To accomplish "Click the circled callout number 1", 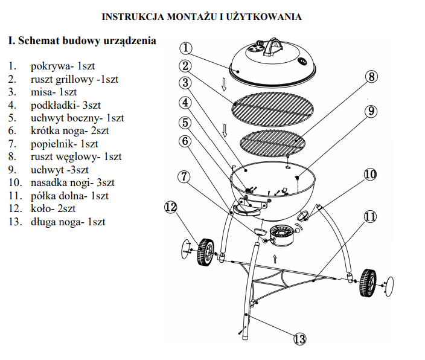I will tap(186, 48).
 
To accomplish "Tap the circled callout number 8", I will tap(371, 77).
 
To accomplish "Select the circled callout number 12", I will tap(170, 207).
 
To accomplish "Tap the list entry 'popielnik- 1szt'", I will tap(64, 144).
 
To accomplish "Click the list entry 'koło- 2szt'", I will tap(53, 209).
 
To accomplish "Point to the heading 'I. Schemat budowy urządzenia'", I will tap(82, 41).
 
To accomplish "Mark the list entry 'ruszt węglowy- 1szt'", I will tap(76, 157).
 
